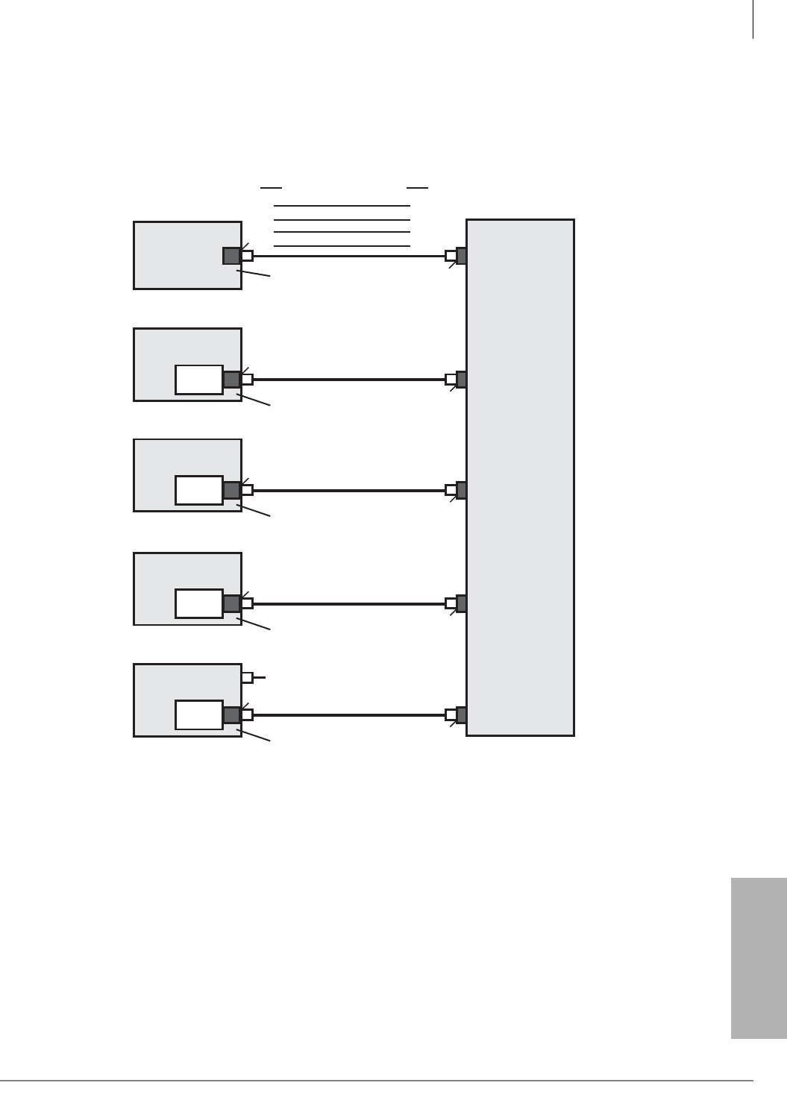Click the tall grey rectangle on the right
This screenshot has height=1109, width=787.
tap(520, 477)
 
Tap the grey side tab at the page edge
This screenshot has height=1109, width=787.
tap(759, 958)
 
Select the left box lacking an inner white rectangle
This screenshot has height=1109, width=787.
tap(179, 255)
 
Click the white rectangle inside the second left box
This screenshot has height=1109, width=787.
tap(198, 380)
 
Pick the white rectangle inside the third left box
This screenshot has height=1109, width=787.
tap(198, 490)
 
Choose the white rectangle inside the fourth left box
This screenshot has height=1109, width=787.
tap(198, 603)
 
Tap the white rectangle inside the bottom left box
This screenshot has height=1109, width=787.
tap(198, 714)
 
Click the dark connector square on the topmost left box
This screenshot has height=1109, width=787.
tap(231, 256)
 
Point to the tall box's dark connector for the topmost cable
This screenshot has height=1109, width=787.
tap(461, 256)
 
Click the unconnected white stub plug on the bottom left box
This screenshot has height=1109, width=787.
tap(247, 677)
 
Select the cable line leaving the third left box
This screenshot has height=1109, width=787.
tap(348, 491)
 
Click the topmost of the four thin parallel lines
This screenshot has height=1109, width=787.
tap(342, 206)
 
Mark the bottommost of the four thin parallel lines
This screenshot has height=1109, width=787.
tap(342, 246)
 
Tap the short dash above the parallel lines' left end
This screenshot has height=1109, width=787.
tap(271, 187)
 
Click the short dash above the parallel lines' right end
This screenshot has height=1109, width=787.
tap(417, 187)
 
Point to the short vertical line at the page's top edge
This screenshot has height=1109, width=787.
tap(753, 19)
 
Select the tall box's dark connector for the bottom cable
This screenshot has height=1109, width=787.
tap(461, 714)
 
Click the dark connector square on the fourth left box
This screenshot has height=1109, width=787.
tap(231, 603)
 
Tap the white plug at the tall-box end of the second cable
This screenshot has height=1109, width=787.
tap(451, 380)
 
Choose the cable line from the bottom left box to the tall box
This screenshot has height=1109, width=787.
tap(348, 715)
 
